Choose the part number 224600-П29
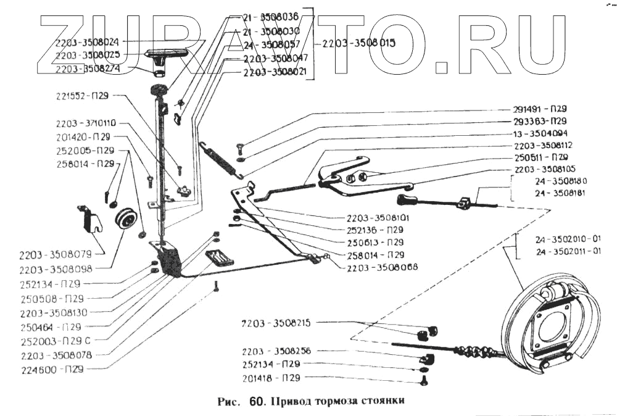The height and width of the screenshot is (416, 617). click(52, 370)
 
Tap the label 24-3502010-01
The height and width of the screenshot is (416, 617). click(568, 239)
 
